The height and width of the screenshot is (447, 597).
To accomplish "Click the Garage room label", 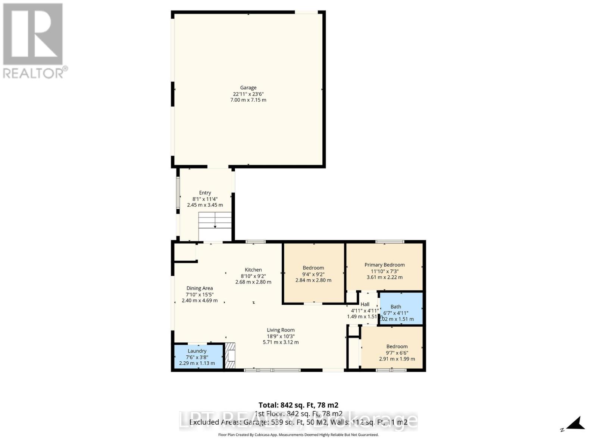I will coord(248,88).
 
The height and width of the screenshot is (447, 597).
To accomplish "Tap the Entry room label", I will coord(205,193).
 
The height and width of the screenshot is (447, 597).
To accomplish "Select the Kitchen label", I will coord(253,270).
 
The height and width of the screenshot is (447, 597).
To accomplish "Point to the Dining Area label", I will coord(200,288).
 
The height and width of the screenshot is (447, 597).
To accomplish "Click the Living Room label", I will coord(281,330).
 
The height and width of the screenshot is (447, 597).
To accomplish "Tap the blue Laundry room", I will coord(198,357).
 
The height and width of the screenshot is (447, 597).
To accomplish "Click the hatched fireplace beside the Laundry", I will coord(230,356).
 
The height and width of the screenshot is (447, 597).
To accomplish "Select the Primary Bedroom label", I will coord(384,265).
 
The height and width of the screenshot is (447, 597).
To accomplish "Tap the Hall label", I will coord(365,304).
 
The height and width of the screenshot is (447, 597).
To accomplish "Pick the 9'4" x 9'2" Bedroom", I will coord(313,274).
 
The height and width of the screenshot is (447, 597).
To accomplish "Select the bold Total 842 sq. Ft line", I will coord(298,405).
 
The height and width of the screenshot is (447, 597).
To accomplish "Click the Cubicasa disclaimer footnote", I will coord(298,435).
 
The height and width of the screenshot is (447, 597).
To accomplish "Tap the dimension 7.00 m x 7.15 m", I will coord(248,100).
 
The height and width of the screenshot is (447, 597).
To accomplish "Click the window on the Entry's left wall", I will coord(178,193).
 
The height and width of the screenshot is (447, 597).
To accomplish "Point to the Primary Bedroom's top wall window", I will coord(389,242).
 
